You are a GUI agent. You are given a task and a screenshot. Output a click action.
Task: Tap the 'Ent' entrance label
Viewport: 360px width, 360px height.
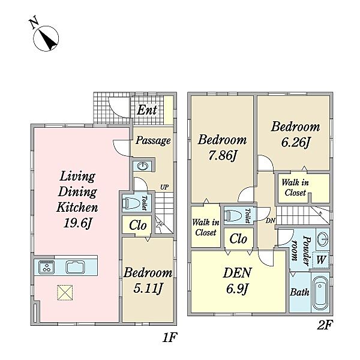(x=147, y=110)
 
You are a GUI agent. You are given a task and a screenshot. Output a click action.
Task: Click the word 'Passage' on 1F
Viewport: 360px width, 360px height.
(x=153, y=140)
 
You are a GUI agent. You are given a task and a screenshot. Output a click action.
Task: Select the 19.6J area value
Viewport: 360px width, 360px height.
(x=77, y=223)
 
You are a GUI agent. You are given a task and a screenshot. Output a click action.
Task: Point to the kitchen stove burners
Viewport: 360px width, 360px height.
(x=47, y=267)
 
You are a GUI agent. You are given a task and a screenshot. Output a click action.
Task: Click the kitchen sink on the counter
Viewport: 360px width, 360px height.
(x=76, y=267)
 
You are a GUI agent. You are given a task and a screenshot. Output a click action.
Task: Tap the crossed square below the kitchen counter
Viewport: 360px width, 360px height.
(x=65, y=293)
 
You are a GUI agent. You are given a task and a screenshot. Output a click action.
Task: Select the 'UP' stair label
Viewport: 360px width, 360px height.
(x=164, y=187)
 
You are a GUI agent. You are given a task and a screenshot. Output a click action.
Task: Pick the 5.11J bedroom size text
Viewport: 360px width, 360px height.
(x=148, y=289)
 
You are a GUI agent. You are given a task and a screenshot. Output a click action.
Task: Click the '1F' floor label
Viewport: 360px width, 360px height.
(x=169, y=337)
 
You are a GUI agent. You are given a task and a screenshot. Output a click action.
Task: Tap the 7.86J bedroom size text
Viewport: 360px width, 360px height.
(x=222, y=155)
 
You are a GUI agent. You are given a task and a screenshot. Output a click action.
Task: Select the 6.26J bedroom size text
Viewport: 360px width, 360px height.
(x=295, y=142)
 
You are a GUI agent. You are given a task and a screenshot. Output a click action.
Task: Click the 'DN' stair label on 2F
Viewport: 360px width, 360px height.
(x=271, y=221)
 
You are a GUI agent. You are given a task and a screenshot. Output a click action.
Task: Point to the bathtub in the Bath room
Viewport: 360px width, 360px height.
(x=320, y=292)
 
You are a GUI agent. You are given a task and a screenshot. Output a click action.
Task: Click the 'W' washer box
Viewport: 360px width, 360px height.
(x=321, y=260)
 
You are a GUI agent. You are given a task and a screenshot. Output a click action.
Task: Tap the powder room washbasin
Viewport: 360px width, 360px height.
(x=323, y=239)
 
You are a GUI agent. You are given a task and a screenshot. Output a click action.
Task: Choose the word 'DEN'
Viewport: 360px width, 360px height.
(x=237, y=272)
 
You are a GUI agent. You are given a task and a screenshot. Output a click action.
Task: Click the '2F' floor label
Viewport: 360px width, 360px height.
(x=325, y=325)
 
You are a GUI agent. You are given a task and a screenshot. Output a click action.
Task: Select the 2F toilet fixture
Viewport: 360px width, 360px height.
(x=233, y=216)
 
